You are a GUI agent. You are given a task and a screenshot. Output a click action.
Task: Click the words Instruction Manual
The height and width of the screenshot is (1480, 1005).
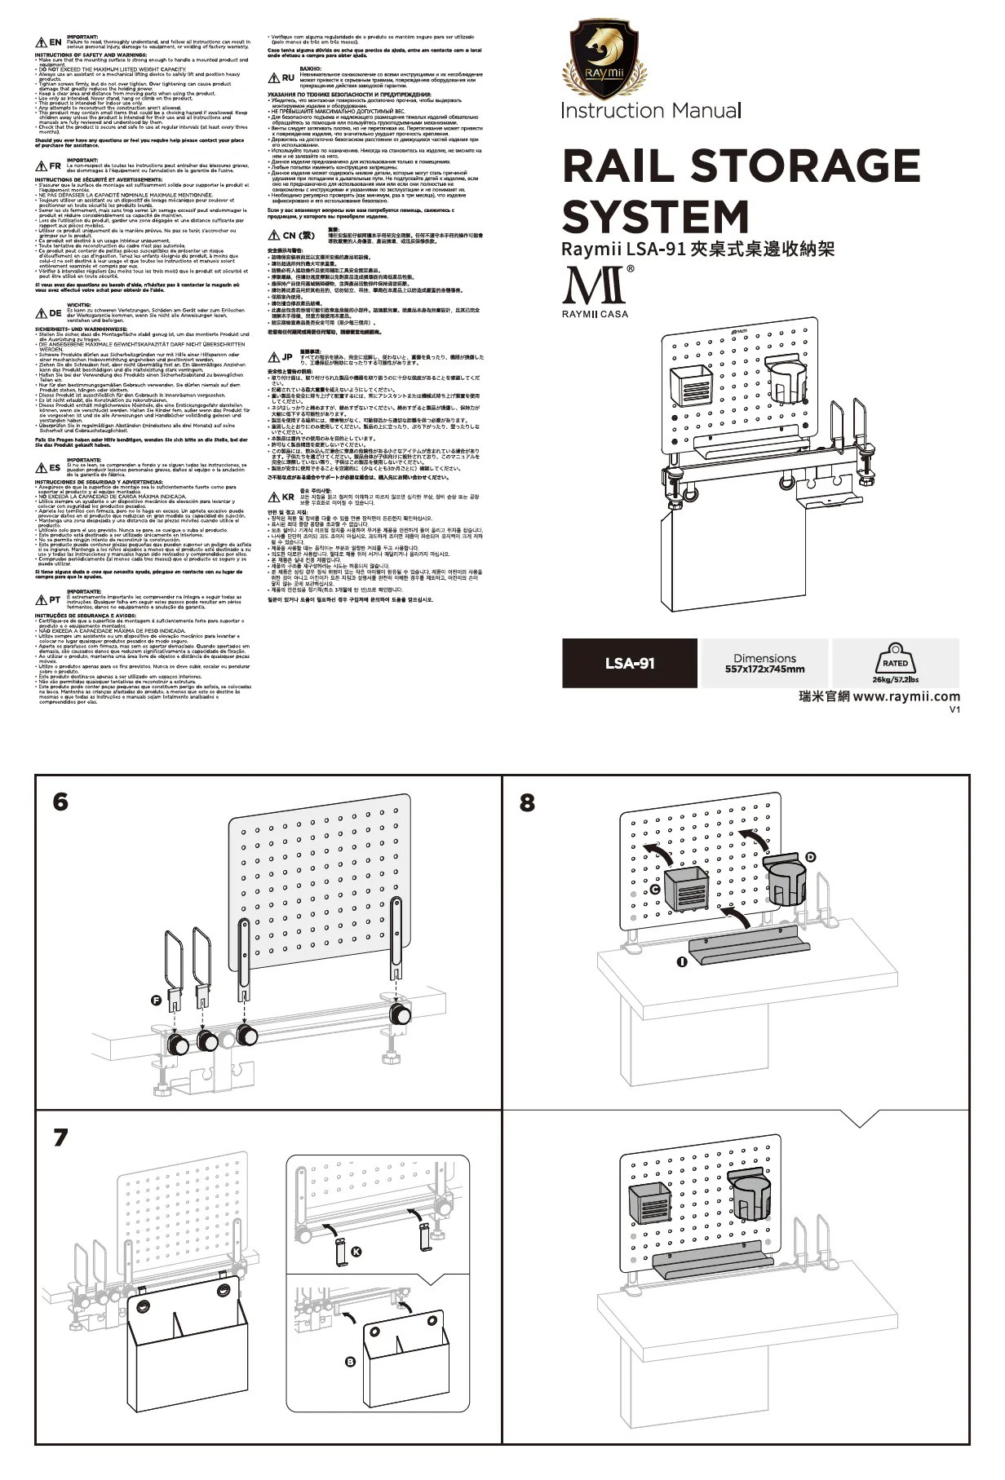pyautogui.click(x=651, y=111)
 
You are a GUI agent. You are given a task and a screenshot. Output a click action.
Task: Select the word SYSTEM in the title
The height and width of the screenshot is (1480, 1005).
pyautogui.click(x=655, y=217)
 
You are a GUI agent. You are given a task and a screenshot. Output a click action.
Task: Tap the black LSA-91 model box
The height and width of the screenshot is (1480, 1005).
pyautogui.click(x=629, y=663)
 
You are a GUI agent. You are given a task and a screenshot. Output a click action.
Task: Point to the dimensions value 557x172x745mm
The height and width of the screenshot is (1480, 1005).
pyautogui.click(x=764, y=669)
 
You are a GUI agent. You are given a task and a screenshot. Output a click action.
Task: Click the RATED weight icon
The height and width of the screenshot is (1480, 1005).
pyautogui.click(x=895, y=662)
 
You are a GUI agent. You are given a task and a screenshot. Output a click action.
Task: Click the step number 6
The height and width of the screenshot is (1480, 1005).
pyautogui.click(x=60, y=802)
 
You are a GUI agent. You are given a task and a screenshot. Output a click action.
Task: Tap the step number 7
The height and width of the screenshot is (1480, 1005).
pyautogui.click(x=60, y=1136)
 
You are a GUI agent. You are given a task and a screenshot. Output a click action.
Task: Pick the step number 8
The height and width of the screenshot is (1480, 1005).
pyautogui.click(x=528, y=802)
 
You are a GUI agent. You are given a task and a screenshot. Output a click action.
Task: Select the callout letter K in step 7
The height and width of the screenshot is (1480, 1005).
pyautogui.click(x=356, y=1252)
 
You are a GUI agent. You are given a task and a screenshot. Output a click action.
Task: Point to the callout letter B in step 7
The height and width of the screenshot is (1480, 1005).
pyautogui.click(x=351, y=1361)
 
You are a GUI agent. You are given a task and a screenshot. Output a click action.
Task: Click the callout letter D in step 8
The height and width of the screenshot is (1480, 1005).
pyautogui.click(x=810, y=857)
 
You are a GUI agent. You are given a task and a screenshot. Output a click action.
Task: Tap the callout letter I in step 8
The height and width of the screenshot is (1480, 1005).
pyautogui.click(x=681, y=962)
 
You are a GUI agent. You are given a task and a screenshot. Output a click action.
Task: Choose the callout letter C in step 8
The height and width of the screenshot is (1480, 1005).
pyautogui.click(x=655, y=890)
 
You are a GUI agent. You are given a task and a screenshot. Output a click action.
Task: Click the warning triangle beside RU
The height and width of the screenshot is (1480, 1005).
pyautogui.click(x=275, y=77)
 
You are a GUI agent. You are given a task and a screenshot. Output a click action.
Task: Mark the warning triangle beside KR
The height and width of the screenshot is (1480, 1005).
pyautogui.click(x=275, y=497)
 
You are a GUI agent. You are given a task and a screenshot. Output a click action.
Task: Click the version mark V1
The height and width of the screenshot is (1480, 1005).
pyautogui.click(x=954, y=709)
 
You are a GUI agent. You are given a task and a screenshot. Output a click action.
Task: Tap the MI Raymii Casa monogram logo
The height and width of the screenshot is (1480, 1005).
pyautogui.click(x=595, y=287)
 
